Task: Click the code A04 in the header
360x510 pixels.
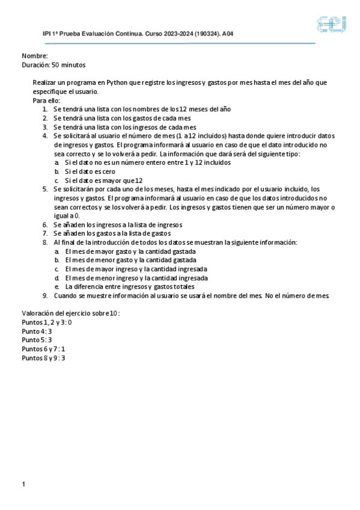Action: coord(228,34)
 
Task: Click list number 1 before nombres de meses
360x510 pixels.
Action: coord(46,109)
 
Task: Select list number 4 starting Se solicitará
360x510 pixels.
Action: coord(46,136)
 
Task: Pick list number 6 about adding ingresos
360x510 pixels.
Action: coord(46,224)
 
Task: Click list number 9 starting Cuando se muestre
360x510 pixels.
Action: coord(46,295)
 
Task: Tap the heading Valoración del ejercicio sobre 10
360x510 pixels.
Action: coord(71,313)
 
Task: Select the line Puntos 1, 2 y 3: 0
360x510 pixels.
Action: coord(47,322)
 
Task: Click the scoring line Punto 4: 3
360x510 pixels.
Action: coord(37,331)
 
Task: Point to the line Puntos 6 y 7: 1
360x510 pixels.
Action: coord(43,349)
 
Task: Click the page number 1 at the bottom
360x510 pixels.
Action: coord(23,484)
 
